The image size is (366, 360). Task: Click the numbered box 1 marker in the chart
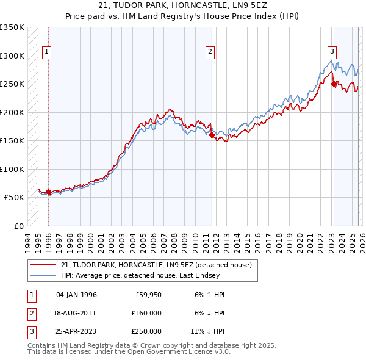[x=47, y=52]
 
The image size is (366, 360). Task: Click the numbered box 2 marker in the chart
[x=210, y=52]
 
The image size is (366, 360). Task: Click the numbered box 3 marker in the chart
[x=332, y=52]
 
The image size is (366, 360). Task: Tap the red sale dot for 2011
[x=212, y=135]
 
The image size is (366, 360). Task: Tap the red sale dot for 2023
[x=334, y=84]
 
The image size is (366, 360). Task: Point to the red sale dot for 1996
[x=48, y=192]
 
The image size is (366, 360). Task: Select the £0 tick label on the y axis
[x=20, y=226]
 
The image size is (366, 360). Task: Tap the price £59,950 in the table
[x=148, y=295]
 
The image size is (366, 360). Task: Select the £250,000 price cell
[x=146, y=331]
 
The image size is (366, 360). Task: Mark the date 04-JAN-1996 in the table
[x=76, y=295]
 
